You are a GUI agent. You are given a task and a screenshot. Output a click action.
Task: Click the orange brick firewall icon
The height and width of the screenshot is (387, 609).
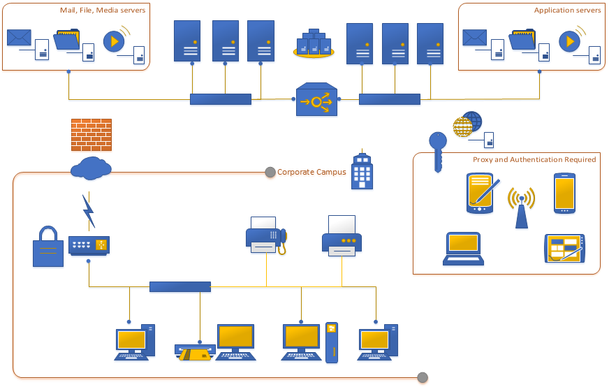91,134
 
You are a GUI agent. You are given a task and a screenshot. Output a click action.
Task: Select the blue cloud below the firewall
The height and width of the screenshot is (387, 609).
91,168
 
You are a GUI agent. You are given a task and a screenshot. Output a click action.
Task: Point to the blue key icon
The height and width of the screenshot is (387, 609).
438,151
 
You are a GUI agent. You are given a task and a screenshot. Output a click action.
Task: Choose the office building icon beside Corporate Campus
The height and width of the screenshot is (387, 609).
361,171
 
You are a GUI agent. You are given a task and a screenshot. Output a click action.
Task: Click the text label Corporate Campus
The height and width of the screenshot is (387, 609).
311,172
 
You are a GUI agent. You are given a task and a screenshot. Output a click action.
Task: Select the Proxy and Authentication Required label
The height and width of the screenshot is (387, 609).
534,160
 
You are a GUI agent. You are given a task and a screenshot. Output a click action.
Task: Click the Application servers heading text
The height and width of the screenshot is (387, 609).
567,10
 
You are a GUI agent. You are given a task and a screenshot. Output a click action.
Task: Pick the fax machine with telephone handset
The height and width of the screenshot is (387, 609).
266,235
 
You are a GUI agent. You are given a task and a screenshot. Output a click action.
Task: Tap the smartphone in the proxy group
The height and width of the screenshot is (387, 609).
564,193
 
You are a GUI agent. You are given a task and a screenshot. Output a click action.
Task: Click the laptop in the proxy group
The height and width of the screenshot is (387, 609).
463,249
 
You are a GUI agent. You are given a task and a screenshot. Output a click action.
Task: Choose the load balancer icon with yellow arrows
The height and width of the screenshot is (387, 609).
316,101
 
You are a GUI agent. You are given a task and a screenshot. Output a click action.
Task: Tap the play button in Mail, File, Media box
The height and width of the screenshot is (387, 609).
113,41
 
